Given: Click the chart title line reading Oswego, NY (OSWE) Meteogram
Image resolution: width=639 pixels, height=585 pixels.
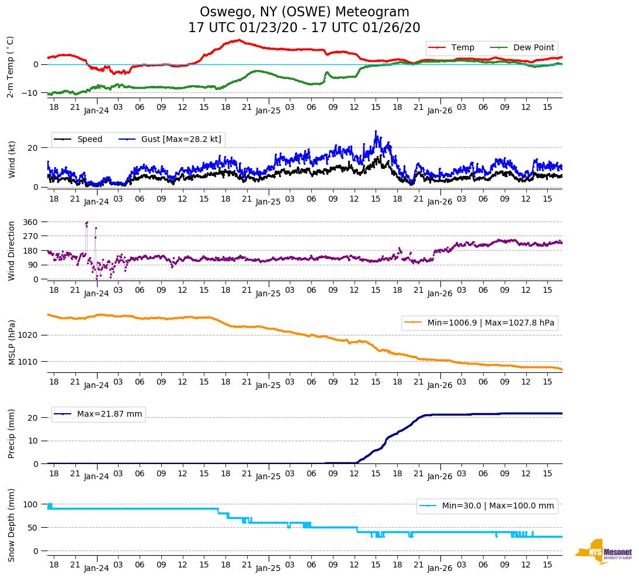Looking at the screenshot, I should [304, 12].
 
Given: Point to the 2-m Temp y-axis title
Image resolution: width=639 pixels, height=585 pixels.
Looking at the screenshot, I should [11, 67].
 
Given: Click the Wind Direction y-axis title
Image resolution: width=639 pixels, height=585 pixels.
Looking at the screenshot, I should [12, 250].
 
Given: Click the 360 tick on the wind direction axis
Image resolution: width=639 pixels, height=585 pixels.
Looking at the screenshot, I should [30, 222].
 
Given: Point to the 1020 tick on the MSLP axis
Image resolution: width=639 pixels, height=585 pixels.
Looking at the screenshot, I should [29, 335].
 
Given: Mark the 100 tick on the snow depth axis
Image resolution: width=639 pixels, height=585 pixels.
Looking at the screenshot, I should [30, 504].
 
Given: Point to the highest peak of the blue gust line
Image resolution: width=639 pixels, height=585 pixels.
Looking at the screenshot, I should [376, 131].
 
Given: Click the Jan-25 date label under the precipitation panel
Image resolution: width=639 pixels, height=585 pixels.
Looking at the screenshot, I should [268, 476].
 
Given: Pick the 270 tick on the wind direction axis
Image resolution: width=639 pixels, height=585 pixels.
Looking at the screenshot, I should [30, 236].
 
